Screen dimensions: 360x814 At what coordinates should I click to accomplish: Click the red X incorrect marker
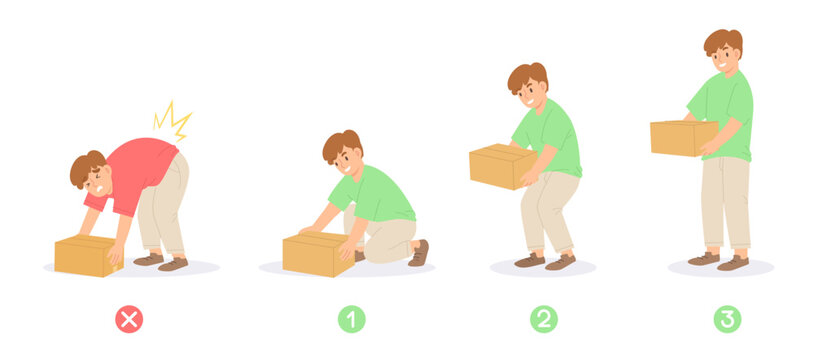(x=129, y=319)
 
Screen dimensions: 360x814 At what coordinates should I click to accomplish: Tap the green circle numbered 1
(x=351, y=319)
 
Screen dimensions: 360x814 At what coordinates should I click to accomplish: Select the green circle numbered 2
(x=544, y=319)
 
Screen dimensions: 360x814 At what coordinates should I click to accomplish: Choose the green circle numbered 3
(x=727, y=319)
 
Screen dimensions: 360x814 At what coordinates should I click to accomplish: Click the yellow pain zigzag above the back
(x=171, y=120)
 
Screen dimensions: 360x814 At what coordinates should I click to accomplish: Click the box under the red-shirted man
(x=85, y=256)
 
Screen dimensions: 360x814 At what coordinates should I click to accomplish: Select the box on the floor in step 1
(x=317, y=255)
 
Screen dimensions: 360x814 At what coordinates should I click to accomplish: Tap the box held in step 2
(x=499, y=166)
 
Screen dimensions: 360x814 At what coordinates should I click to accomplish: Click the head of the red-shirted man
(x=89, y=172)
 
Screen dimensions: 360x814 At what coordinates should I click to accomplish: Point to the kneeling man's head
(x=342, y=150)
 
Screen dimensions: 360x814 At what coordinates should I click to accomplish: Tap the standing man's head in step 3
(x=724, y=50)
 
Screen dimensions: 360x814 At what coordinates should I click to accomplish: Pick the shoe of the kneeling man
(x=419, y=253)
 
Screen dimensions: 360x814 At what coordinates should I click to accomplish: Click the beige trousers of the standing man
(x=724, y=205)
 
